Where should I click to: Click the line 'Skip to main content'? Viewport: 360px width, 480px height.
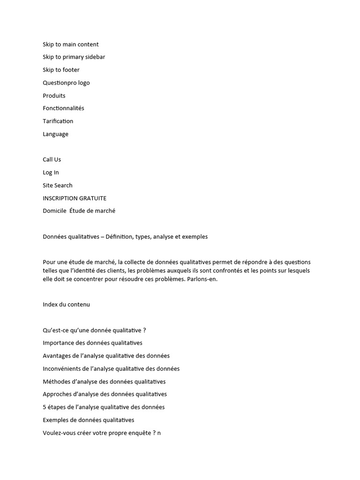pos(71,45)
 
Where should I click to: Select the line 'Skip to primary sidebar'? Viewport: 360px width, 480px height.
pos(74,57)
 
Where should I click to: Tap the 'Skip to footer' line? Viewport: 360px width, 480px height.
pos(61,70)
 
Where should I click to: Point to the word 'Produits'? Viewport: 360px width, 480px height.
pos(54,96)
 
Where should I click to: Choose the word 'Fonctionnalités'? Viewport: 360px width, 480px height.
pos(64,108)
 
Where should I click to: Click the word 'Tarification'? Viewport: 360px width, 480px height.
pos(58,121)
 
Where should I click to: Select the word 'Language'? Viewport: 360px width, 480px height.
pos(56,134)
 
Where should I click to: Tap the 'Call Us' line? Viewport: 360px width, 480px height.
pos(52,159)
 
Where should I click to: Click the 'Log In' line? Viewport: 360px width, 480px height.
pos(51,172)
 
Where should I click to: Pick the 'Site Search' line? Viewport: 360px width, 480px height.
pos(58,185)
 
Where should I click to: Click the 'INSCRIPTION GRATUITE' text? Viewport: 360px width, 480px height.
pos(75,198)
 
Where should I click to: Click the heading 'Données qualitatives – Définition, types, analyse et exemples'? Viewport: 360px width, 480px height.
pos(125,237)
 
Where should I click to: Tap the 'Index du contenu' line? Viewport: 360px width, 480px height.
pos(67,305)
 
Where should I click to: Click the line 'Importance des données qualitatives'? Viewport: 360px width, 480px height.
pos(93,343)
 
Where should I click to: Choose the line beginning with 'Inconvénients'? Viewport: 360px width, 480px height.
pos(111,369)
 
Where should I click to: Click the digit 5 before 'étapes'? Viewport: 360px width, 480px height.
pos(45,407)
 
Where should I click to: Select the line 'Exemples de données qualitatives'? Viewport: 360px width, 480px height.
pos(89,420)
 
